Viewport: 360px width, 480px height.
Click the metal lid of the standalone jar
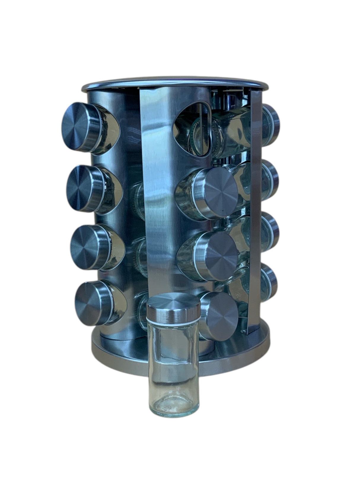(x=173, y=307)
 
